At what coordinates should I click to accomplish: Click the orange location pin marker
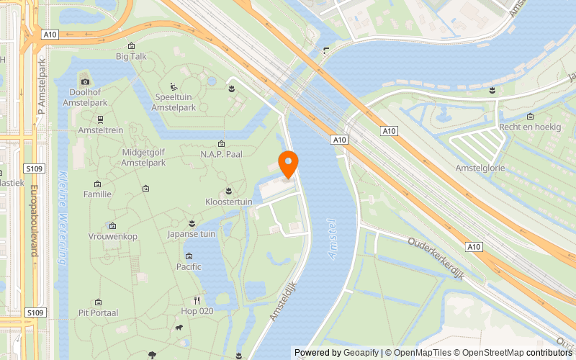tap(288, 164)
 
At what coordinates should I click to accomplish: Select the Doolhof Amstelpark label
tap(84, 97)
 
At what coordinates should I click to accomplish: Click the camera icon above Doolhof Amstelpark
tap(84, 81)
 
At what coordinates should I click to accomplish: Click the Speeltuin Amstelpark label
tap(176, 102)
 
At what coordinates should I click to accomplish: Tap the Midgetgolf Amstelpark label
tap(144, 158)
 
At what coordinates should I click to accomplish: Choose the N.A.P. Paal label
tap(221, 154)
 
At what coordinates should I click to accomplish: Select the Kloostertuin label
tap(229, 202)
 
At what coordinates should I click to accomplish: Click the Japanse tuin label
tap(192, 234)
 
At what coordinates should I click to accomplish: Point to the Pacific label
tap(189, 266)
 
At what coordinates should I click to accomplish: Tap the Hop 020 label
tap(197, 311)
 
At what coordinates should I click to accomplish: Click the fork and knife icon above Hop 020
tap(196, 300)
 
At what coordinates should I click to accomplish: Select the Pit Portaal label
tap(98, 313)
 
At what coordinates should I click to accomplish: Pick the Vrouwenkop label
tap(112, 237)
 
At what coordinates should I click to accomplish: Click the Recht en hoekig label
tap(529, 127)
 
